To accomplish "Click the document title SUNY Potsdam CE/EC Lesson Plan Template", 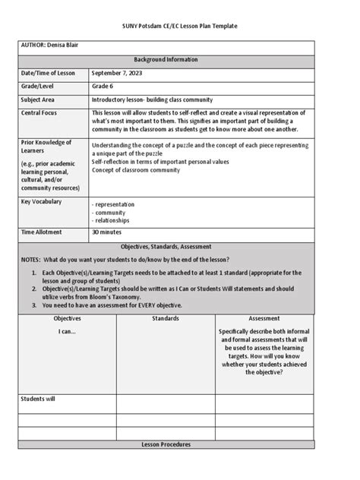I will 179,26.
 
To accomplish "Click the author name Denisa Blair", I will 63,46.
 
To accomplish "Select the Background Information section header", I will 166,59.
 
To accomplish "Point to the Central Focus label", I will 42,113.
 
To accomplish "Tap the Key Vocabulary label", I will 42,202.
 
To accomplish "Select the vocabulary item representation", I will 114,204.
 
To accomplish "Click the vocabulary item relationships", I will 112,221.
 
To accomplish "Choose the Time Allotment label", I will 42,232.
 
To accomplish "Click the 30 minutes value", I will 107,232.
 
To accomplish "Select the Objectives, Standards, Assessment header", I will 166,248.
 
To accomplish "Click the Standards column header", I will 165,319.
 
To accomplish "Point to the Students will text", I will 38,399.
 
